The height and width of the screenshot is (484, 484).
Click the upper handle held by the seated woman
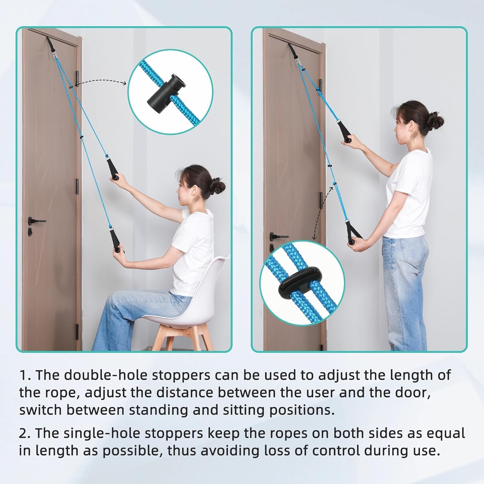click(x=113, y=168)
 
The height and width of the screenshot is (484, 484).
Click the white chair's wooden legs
click(x=176, y=336)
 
